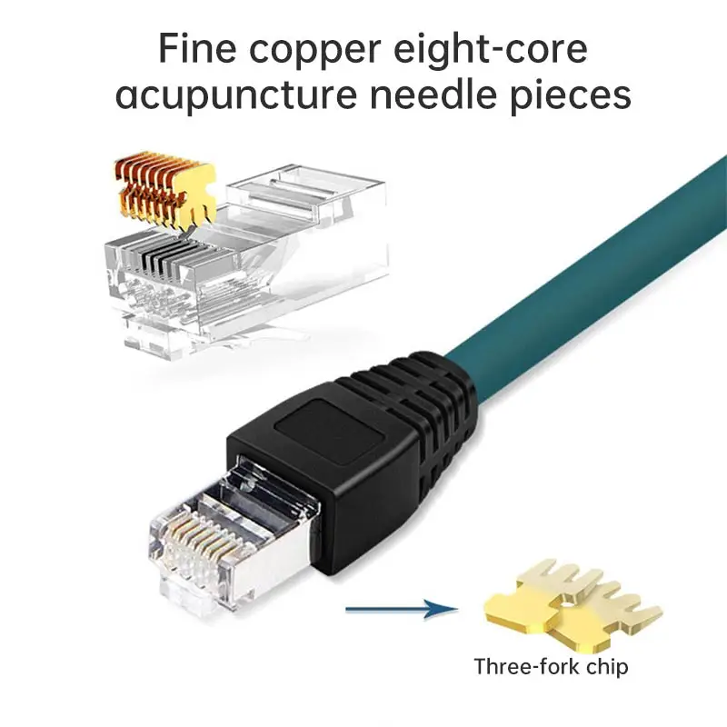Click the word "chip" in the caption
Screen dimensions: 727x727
[603, 666]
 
